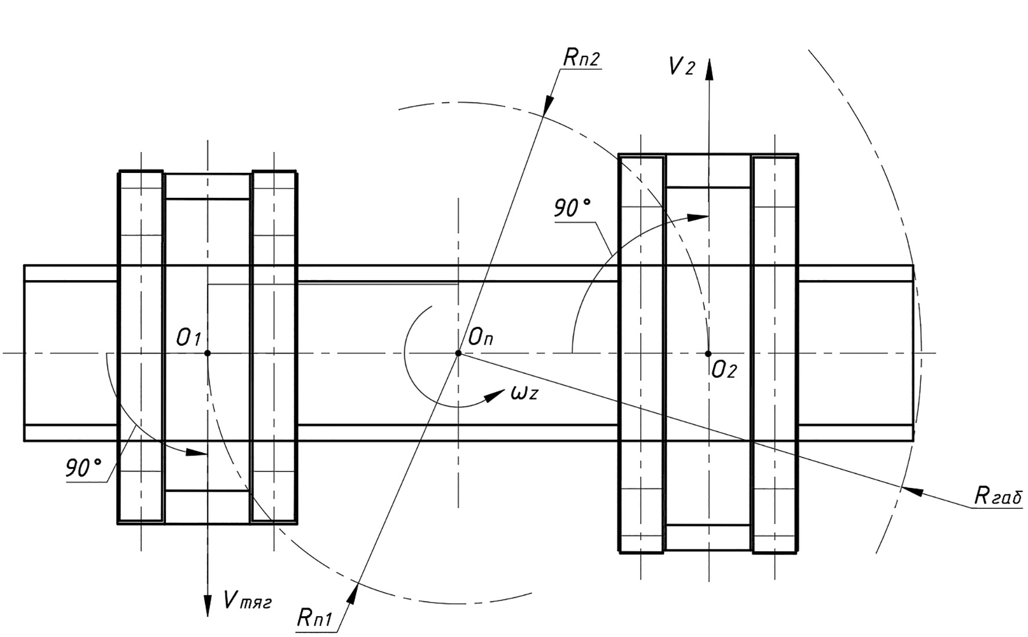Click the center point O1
(x=208, y=353)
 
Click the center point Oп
(x=458, y=353)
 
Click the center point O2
(x=708, y=353)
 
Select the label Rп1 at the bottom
(x=314, y=617)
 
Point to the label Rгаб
(x=998, y=496)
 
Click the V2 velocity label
(x=681, y=67)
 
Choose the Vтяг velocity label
(x=247, y=600)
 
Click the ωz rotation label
(x=524, y=393)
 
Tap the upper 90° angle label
(x=572, y=208)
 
